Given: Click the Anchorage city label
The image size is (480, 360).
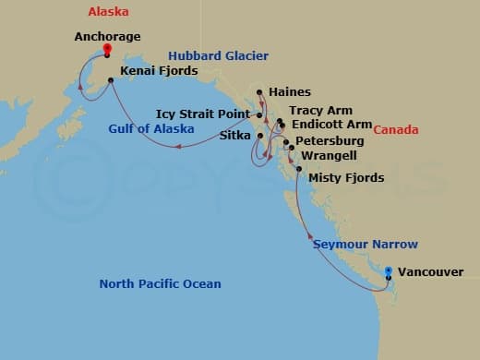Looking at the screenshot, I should click(x=107, y=38).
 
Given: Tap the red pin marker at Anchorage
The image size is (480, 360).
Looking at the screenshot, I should click(x=108, y=50).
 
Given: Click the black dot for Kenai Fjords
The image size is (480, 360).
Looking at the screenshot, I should click(x=111, y=80).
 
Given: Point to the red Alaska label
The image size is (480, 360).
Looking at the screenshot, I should click(x=108, y=12).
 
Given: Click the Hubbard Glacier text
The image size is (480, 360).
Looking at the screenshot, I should click(x=220, y=55).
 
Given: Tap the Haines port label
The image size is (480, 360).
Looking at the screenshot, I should click(x=291, y=92).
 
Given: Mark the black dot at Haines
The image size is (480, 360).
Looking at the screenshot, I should click(x=260, y=92).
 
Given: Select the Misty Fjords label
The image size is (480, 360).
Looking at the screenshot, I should click(x=346, y=177).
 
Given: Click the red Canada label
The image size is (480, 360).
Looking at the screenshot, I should click(x=396, y=130).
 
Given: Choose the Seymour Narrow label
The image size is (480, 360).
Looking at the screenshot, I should click(x=366, y=245).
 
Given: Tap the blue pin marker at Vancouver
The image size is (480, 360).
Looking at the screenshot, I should click(x=389, y=272).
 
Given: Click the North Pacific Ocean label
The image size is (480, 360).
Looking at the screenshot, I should click(x=160, y=283).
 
